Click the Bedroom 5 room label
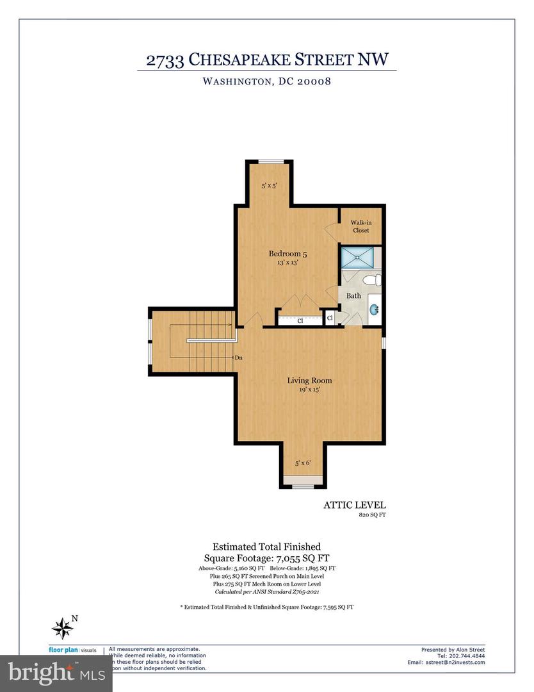pyautogui.click(x=283, y=253)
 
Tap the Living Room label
pyautogui.click(x=309, y=381)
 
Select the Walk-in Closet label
pyautogui.click(x=360, y=226)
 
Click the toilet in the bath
pyautogui.click(x=373, y=280)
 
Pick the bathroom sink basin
pyautogui.click(x=374, y=310)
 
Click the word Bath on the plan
pyautogui.click(x=353, y=296)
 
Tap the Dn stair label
pyautogui.click(x=238, y=358)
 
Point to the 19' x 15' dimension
pyautogui.click(x=309, y=390)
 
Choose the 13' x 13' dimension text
pyautogui.click(x=283, y=262)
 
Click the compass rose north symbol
pyautogui.click(x=63, y=626)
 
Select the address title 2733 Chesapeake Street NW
pyautogui.click(x=266, y=61)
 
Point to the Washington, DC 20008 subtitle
pyautogui.click(x=266, y=81)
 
